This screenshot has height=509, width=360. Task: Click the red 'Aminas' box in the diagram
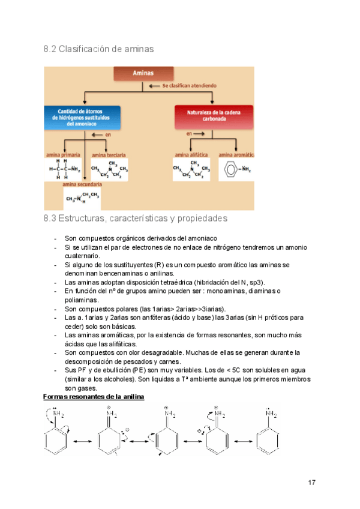[x=139, y=73]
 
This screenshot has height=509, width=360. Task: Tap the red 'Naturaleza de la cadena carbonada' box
[x=214, y=116]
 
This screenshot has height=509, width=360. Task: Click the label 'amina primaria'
[x=65, y=155]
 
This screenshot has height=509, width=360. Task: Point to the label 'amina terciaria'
[x=109, y=155]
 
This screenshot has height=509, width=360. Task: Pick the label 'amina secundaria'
[x=82, y=185]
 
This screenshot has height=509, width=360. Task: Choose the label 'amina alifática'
[x=193, y=155]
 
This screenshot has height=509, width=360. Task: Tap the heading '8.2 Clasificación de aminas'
[x=98, y=48]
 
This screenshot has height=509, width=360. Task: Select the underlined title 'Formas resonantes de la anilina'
[x=94, y=397]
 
